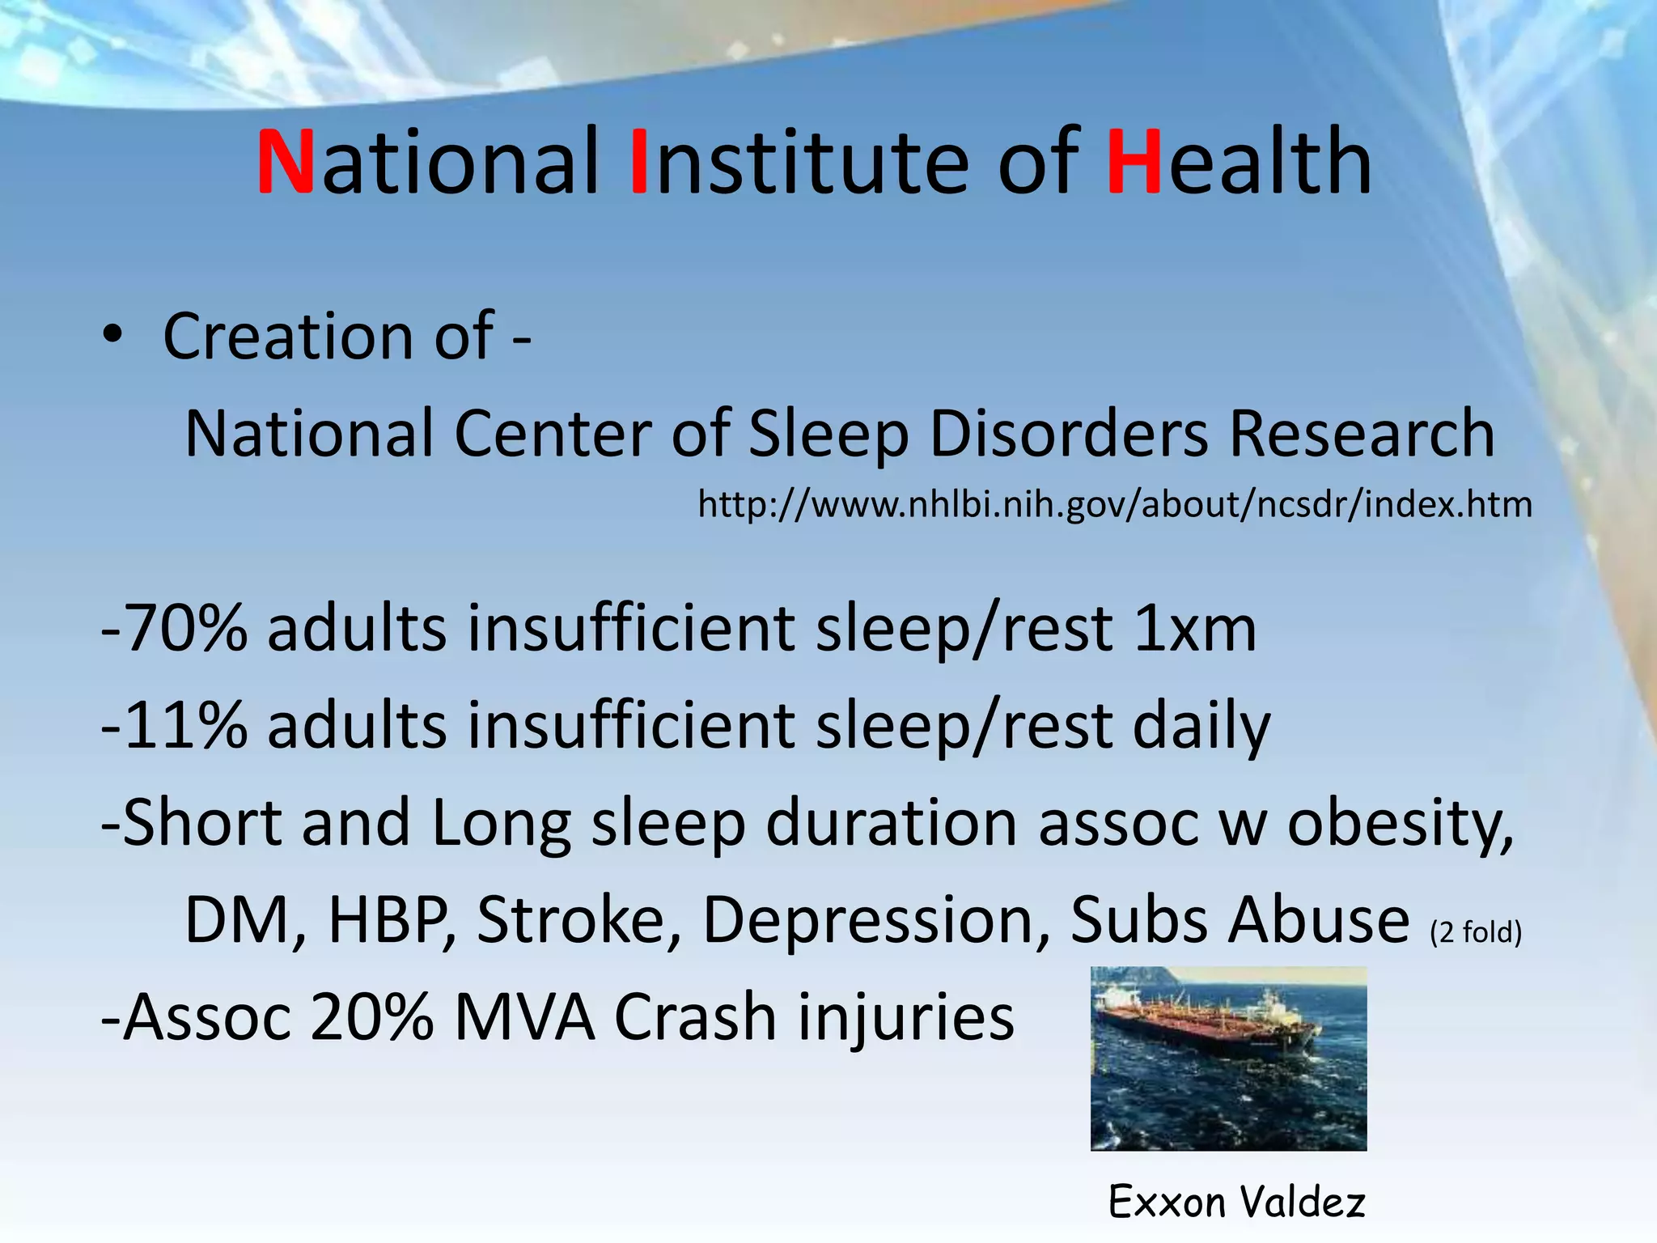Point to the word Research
pos(1361,434)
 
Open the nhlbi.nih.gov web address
pos(1114,505)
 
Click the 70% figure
pos(186,629)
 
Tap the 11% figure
pos(186,725)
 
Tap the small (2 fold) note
pos(1476,932)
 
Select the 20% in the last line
pos(371,1016)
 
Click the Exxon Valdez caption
pos(1236,1201)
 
